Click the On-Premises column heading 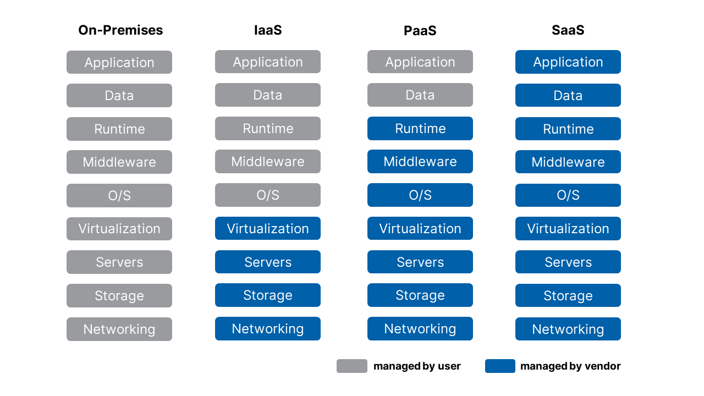[x=120, y=30]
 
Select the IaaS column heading [x=268, y=30]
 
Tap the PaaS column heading [x=420, y=30]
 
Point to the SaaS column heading [x=568, y=30]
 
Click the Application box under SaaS [x=568, y=62]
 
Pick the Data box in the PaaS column [x=420, y=95]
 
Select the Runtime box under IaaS [x=268, y=129]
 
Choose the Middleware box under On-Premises [x=119, y=162]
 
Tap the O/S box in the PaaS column [x=420, y=195]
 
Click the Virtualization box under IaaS [x=268, y=229]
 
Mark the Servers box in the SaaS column [x=568, y=262]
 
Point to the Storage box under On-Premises [x=119, y=296]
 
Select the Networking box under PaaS [x=420, y=329]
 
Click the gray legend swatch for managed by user [x=352, y=366]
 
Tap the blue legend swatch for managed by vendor [x=500, y=366]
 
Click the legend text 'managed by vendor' [x=570, y=366]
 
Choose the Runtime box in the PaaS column [x=420, y=129]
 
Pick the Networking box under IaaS [x=268, y=329]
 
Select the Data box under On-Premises [x=119, y=96]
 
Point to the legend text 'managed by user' [x=417, y=366]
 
